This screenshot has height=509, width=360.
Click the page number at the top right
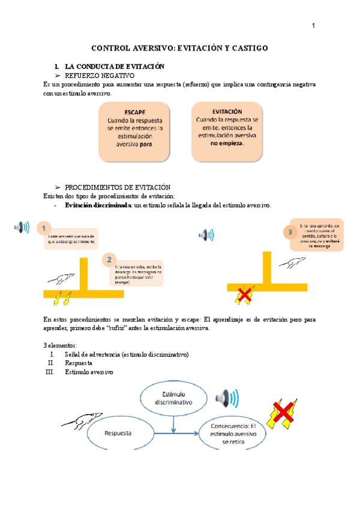click(x=313, y=25)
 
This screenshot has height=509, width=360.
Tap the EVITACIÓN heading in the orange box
click(x=227, y=112)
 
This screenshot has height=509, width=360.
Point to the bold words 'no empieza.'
click(x=227, y=145)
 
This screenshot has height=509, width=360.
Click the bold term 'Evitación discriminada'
click(x=98, y=205)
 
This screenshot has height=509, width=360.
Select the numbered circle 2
click(x=109, y=259)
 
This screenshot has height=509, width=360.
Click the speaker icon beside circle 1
click(x=22, y=227)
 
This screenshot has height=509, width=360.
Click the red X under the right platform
click(x=244, y=294)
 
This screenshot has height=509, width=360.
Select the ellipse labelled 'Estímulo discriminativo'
click(x=173, y=399)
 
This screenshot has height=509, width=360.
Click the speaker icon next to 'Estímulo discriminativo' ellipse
click(x=227, y=397)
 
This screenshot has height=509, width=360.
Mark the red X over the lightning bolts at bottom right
click(x=283, y=412)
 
